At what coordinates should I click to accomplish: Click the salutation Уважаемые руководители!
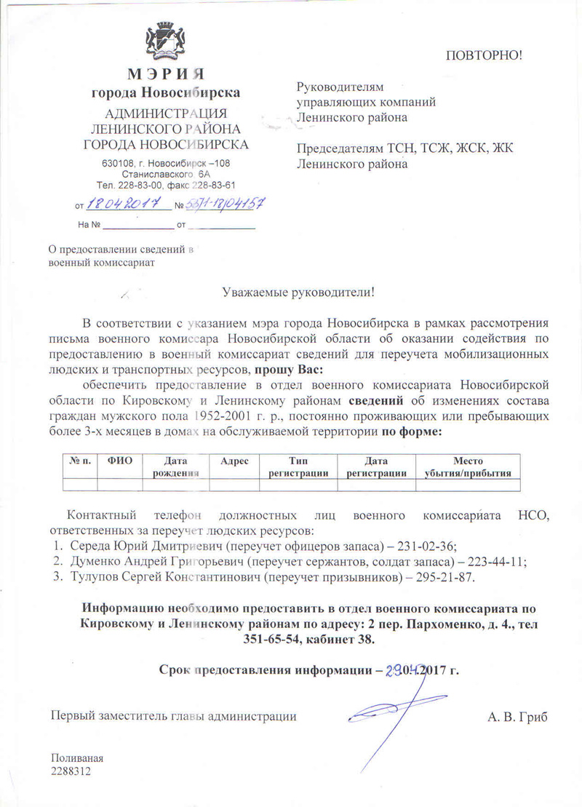pos(299,293)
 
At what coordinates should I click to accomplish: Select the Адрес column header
pos(234,461)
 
